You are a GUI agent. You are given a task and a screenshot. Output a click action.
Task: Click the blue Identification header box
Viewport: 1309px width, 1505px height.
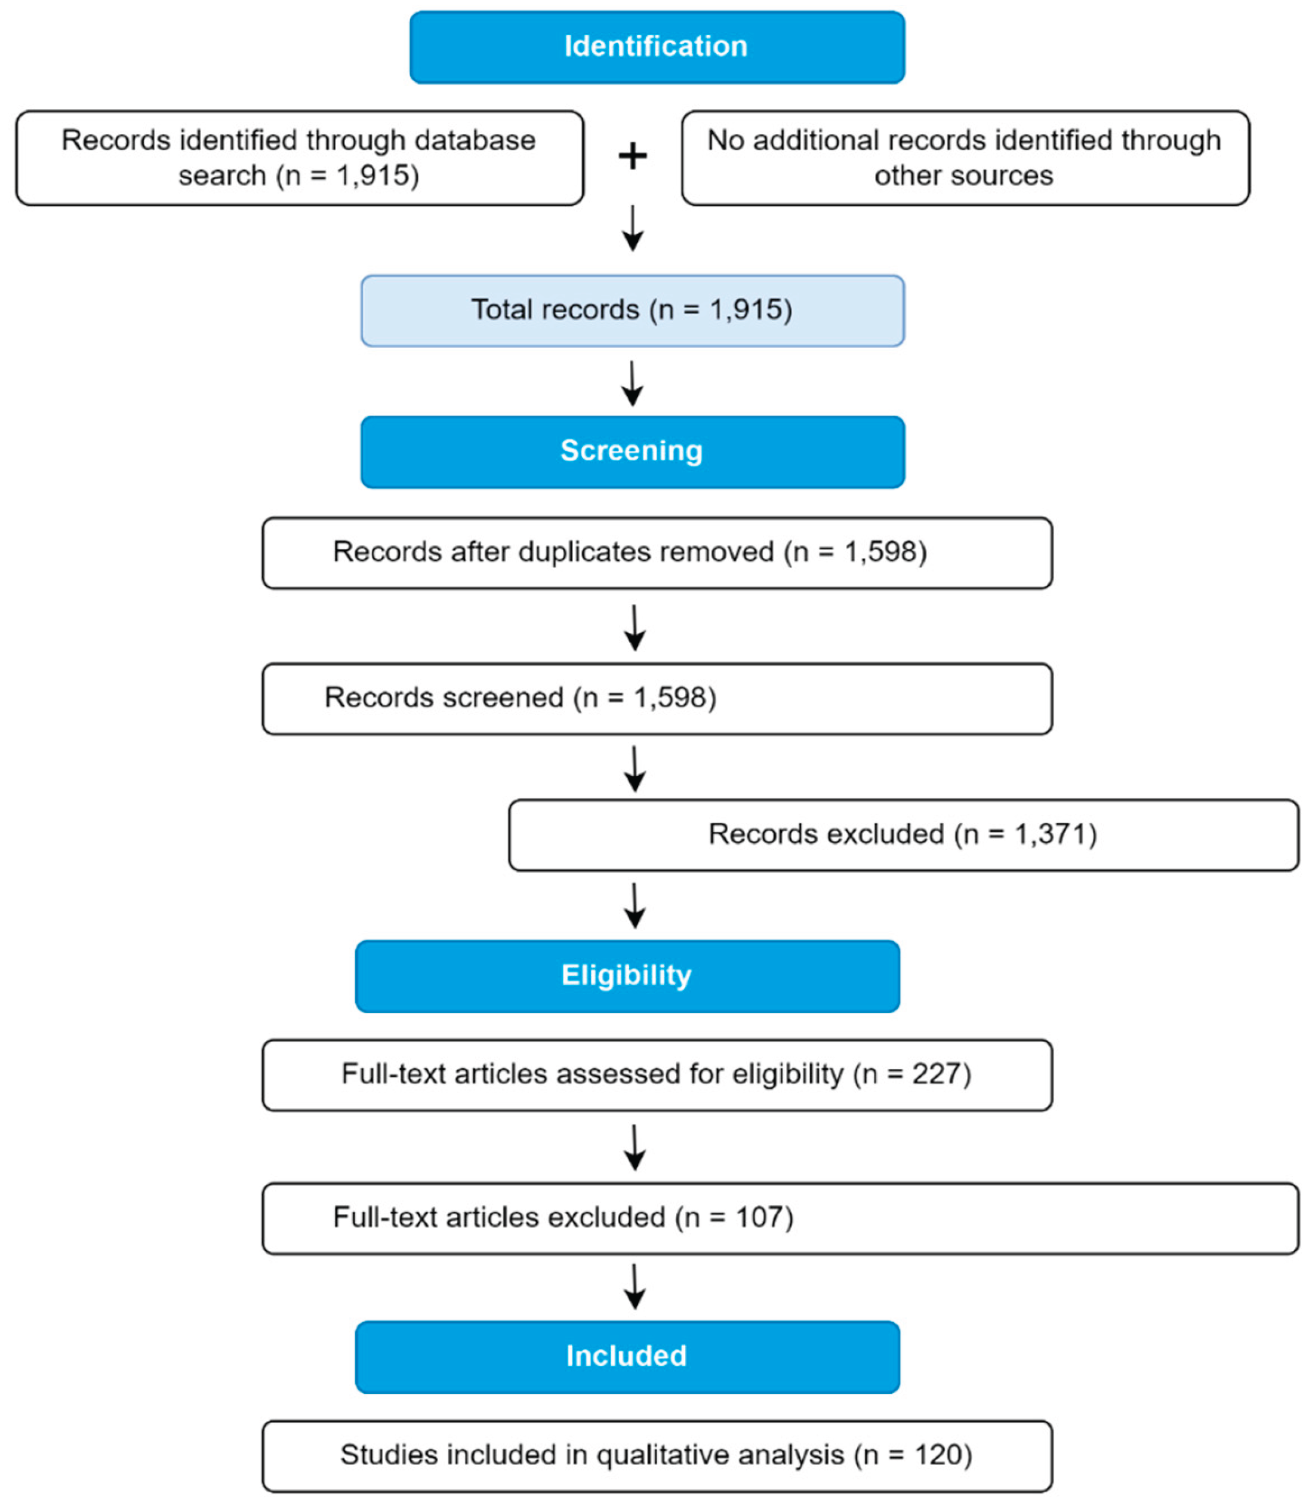pyautogui.click(x=657, y=47)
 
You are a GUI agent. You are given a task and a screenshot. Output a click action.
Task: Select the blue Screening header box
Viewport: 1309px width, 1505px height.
pyautogui.click(x=633, y=451)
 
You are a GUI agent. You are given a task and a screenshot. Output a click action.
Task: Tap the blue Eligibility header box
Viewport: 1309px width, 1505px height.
pyautogui.click(x=627, y=976)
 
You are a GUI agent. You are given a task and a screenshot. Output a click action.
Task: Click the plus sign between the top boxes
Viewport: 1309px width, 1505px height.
pyautogui.click(x=633, y=156)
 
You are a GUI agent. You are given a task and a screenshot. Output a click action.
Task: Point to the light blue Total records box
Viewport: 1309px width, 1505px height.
pyautogui.click(x=633, y=311)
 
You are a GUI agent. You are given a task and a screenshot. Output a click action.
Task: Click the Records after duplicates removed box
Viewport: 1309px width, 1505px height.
pyautogui.click(x=657, y=552)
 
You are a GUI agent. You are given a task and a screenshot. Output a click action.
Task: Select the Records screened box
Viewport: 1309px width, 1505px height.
pyautogui.click(x=657, y=699)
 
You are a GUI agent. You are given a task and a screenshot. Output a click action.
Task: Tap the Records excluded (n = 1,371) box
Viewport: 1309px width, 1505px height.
pyautogui.click(x=903, y=835)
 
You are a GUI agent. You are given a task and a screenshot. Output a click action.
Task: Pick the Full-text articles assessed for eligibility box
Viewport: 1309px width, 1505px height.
pyautogui.click(x=657, y=1074)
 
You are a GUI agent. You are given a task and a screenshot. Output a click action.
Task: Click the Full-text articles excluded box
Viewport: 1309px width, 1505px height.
pyautogui.click(x=780, y=1218)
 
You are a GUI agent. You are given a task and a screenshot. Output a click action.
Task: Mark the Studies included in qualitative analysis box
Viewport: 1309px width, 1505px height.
pyautogui.click(x=657, y=1455)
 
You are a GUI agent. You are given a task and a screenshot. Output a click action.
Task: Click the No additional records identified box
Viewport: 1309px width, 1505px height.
pyautogui.click(x=965, y=158)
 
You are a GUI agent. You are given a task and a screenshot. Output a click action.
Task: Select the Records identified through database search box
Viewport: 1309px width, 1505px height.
pyautogui.click(x=300, y=158)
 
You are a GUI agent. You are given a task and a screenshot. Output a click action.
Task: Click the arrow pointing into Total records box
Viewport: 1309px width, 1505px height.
pyautogui.click(x=633, y=229)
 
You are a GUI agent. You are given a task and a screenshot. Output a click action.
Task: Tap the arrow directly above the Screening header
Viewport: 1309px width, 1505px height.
pyautogui.click(x=633, y=384)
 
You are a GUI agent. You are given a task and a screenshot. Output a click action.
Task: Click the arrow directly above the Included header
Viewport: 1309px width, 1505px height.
pyautogui.click(x=635, y=1286)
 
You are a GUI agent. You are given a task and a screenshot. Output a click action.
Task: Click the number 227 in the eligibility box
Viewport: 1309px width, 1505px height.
pyautogui.click(x=936, y=1074)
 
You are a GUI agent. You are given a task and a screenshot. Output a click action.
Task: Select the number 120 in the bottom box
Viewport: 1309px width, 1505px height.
pyautogui.click(x=937, y=1455)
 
